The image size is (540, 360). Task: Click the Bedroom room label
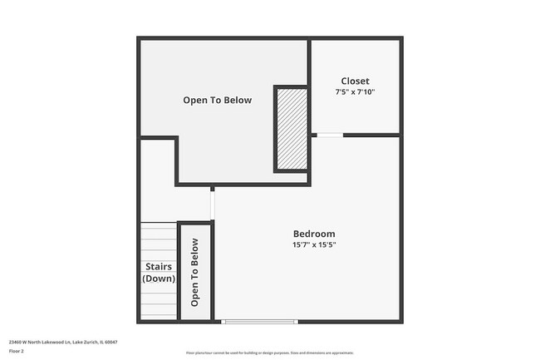point(314,234)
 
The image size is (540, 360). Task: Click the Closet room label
point(355,81)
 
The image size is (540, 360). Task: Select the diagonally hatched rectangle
point(292,129)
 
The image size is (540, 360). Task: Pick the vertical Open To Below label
point(195,273)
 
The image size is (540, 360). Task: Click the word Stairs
point(159,267)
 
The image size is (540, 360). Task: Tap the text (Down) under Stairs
point(159,279)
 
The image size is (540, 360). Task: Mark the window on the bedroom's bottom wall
point(260,322)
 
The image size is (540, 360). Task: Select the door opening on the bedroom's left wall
point(213,204)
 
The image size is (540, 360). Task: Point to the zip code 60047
point(111,342)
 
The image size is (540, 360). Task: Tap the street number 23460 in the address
point(16,342)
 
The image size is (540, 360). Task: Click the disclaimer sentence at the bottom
point(269,352)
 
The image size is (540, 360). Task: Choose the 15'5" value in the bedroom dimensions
point(326,245)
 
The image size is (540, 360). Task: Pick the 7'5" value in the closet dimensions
point(344,91)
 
